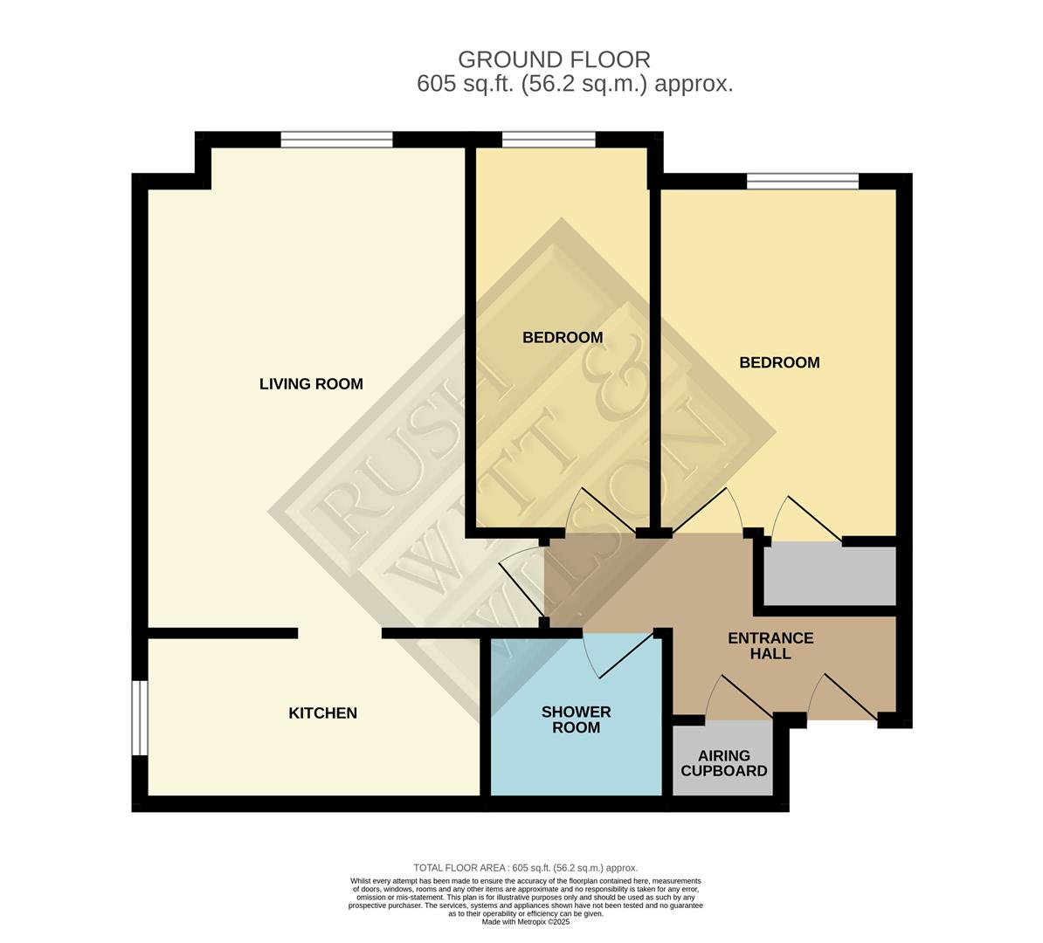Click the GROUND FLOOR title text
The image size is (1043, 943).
point(554,59)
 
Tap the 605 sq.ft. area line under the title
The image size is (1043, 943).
point(574,85)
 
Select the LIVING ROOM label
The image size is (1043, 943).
point(311,384)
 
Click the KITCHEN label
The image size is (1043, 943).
point(322,713)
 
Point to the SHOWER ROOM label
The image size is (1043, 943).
point(576,719)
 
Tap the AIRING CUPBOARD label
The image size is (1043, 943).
point(723,763)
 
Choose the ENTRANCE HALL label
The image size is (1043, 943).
point(770,645)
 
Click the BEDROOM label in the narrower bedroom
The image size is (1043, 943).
point(563,337)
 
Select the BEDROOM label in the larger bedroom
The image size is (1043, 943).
point(779,362)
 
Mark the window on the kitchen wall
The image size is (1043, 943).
point(139,718)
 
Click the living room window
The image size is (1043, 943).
point(336,140)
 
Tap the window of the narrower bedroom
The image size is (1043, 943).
point(549,140)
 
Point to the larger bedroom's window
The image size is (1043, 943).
point(803,182)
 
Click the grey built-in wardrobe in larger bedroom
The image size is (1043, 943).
point(830,575)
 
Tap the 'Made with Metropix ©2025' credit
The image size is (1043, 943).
point(525,922)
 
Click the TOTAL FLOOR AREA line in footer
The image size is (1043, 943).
point(525,868)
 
